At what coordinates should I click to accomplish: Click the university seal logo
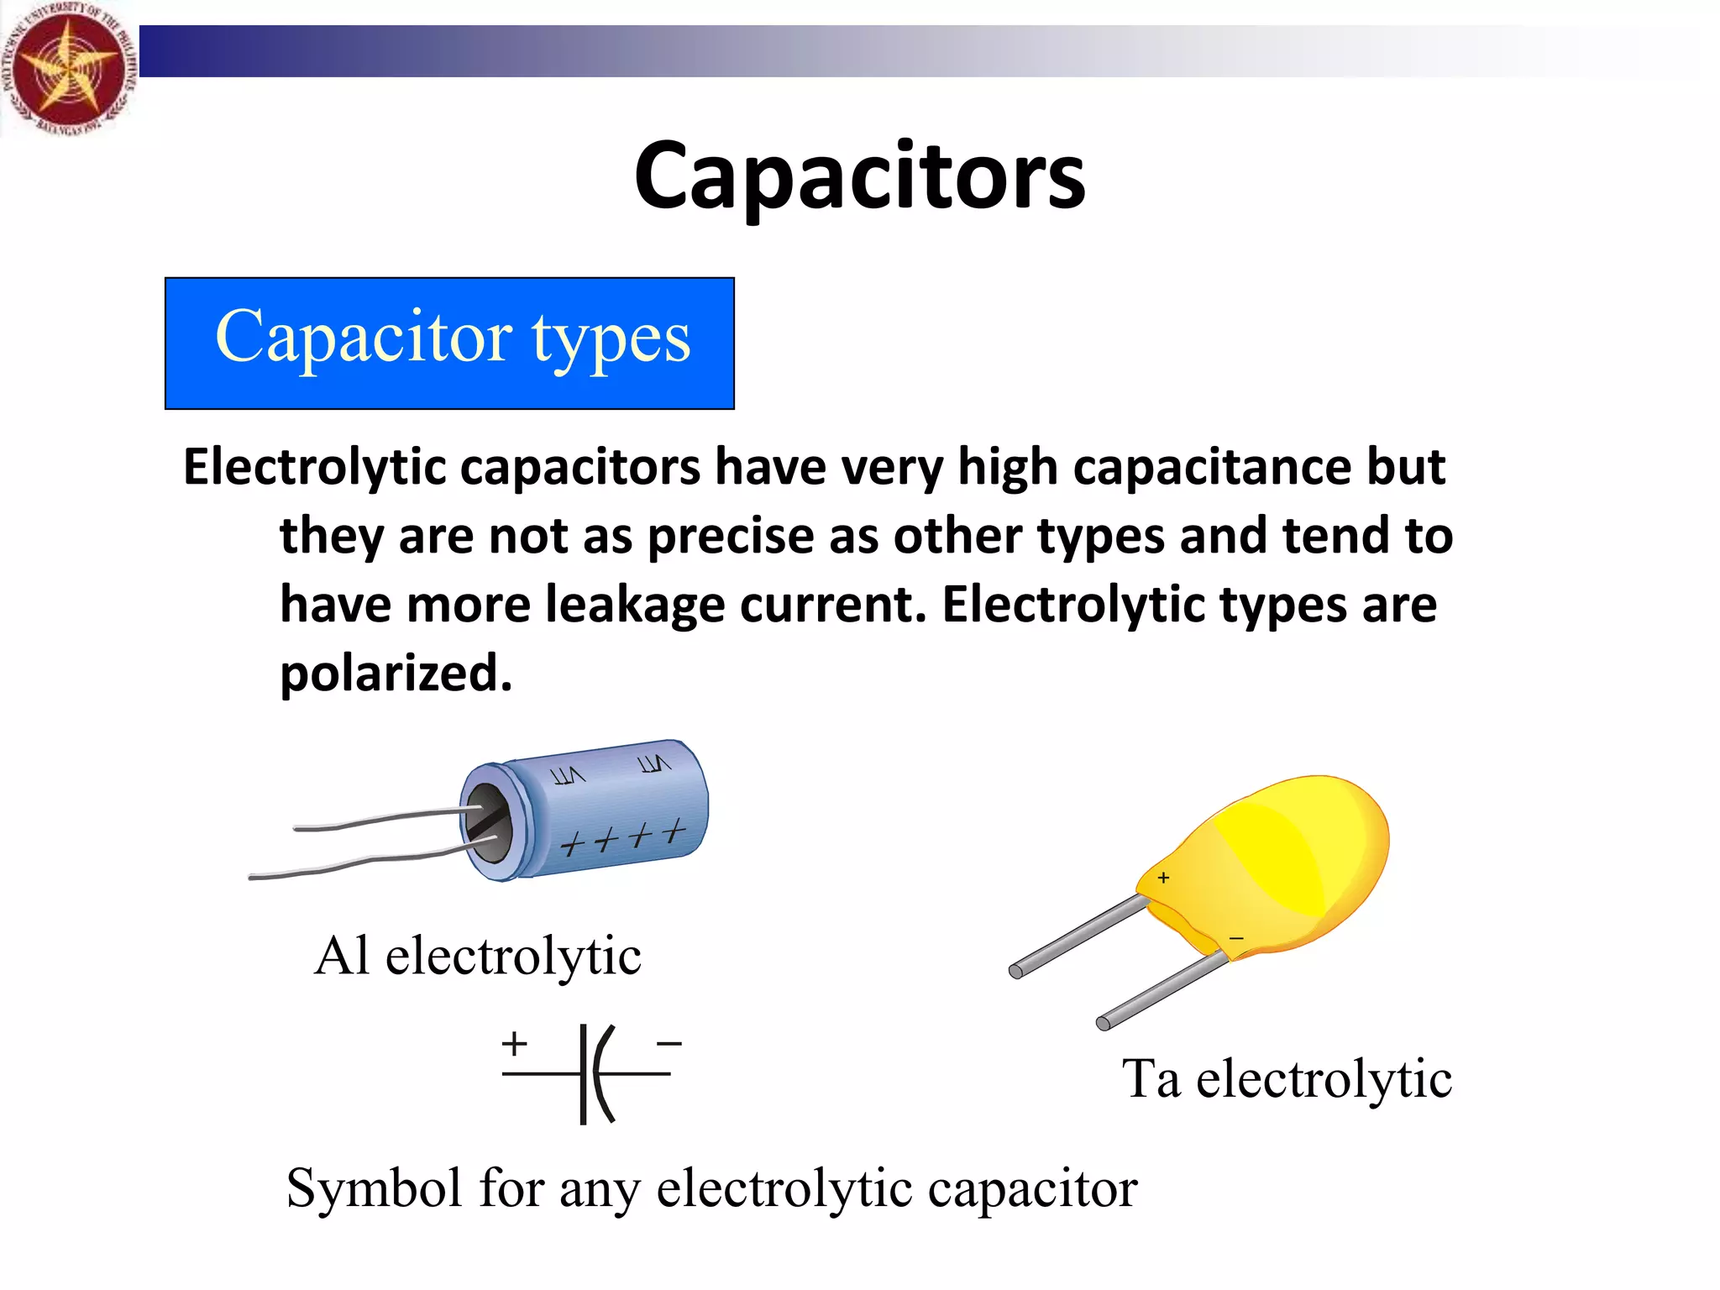67,67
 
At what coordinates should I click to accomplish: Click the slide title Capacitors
859,176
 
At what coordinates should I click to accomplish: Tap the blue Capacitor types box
449,343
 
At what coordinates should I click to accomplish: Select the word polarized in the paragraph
396,674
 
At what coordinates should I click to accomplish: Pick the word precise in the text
731,536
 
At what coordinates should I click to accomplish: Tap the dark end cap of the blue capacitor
488,823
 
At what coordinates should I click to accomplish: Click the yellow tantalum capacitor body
1285,865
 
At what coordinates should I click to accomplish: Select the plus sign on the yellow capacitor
1163,878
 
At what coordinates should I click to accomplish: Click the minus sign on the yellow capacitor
1236,938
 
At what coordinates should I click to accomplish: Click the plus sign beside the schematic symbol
514,1045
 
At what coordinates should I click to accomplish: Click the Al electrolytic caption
477,956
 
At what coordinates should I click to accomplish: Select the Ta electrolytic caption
1287,1078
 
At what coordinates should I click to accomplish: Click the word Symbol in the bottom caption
374,1189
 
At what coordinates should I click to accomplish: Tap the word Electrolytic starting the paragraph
314,467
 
